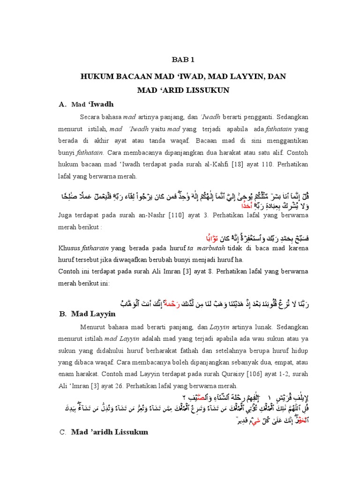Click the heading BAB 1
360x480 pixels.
point(180,60)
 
